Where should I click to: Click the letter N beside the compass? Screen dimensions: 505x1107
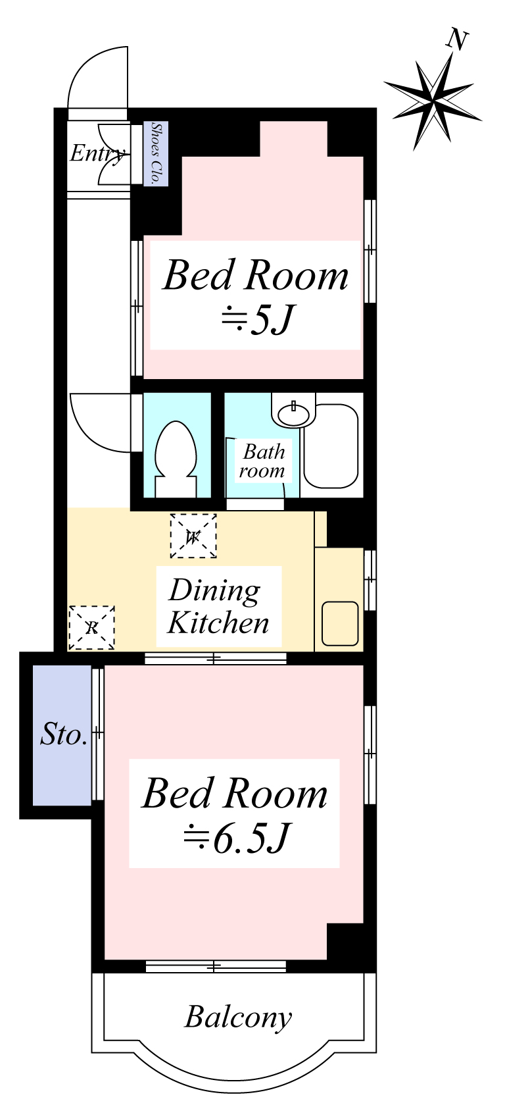[457, 40]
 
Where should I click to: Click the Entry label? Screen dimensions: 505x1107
[97, 153]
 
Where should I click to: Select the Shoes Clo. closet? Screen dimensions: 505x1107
[156, 154]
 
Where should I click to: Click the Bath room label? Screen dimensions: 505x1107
[262, 461]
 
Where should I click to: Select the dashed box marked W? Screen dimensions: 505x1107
[193, 536]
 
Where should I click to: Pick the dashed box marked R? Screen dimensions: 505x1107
[92, 628]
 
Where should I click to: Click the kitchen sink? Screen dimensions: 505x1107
[340, 623]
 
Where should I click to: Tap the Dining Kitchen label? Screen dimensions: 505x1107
[218, 606]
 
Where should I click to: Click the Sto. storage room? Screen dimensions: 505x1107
[62, 735]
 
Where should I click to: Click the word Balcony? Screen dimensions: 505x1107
[239, 1017]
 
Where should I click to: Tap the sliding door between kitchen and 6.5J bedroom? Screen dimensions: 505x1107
[216, 659]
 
